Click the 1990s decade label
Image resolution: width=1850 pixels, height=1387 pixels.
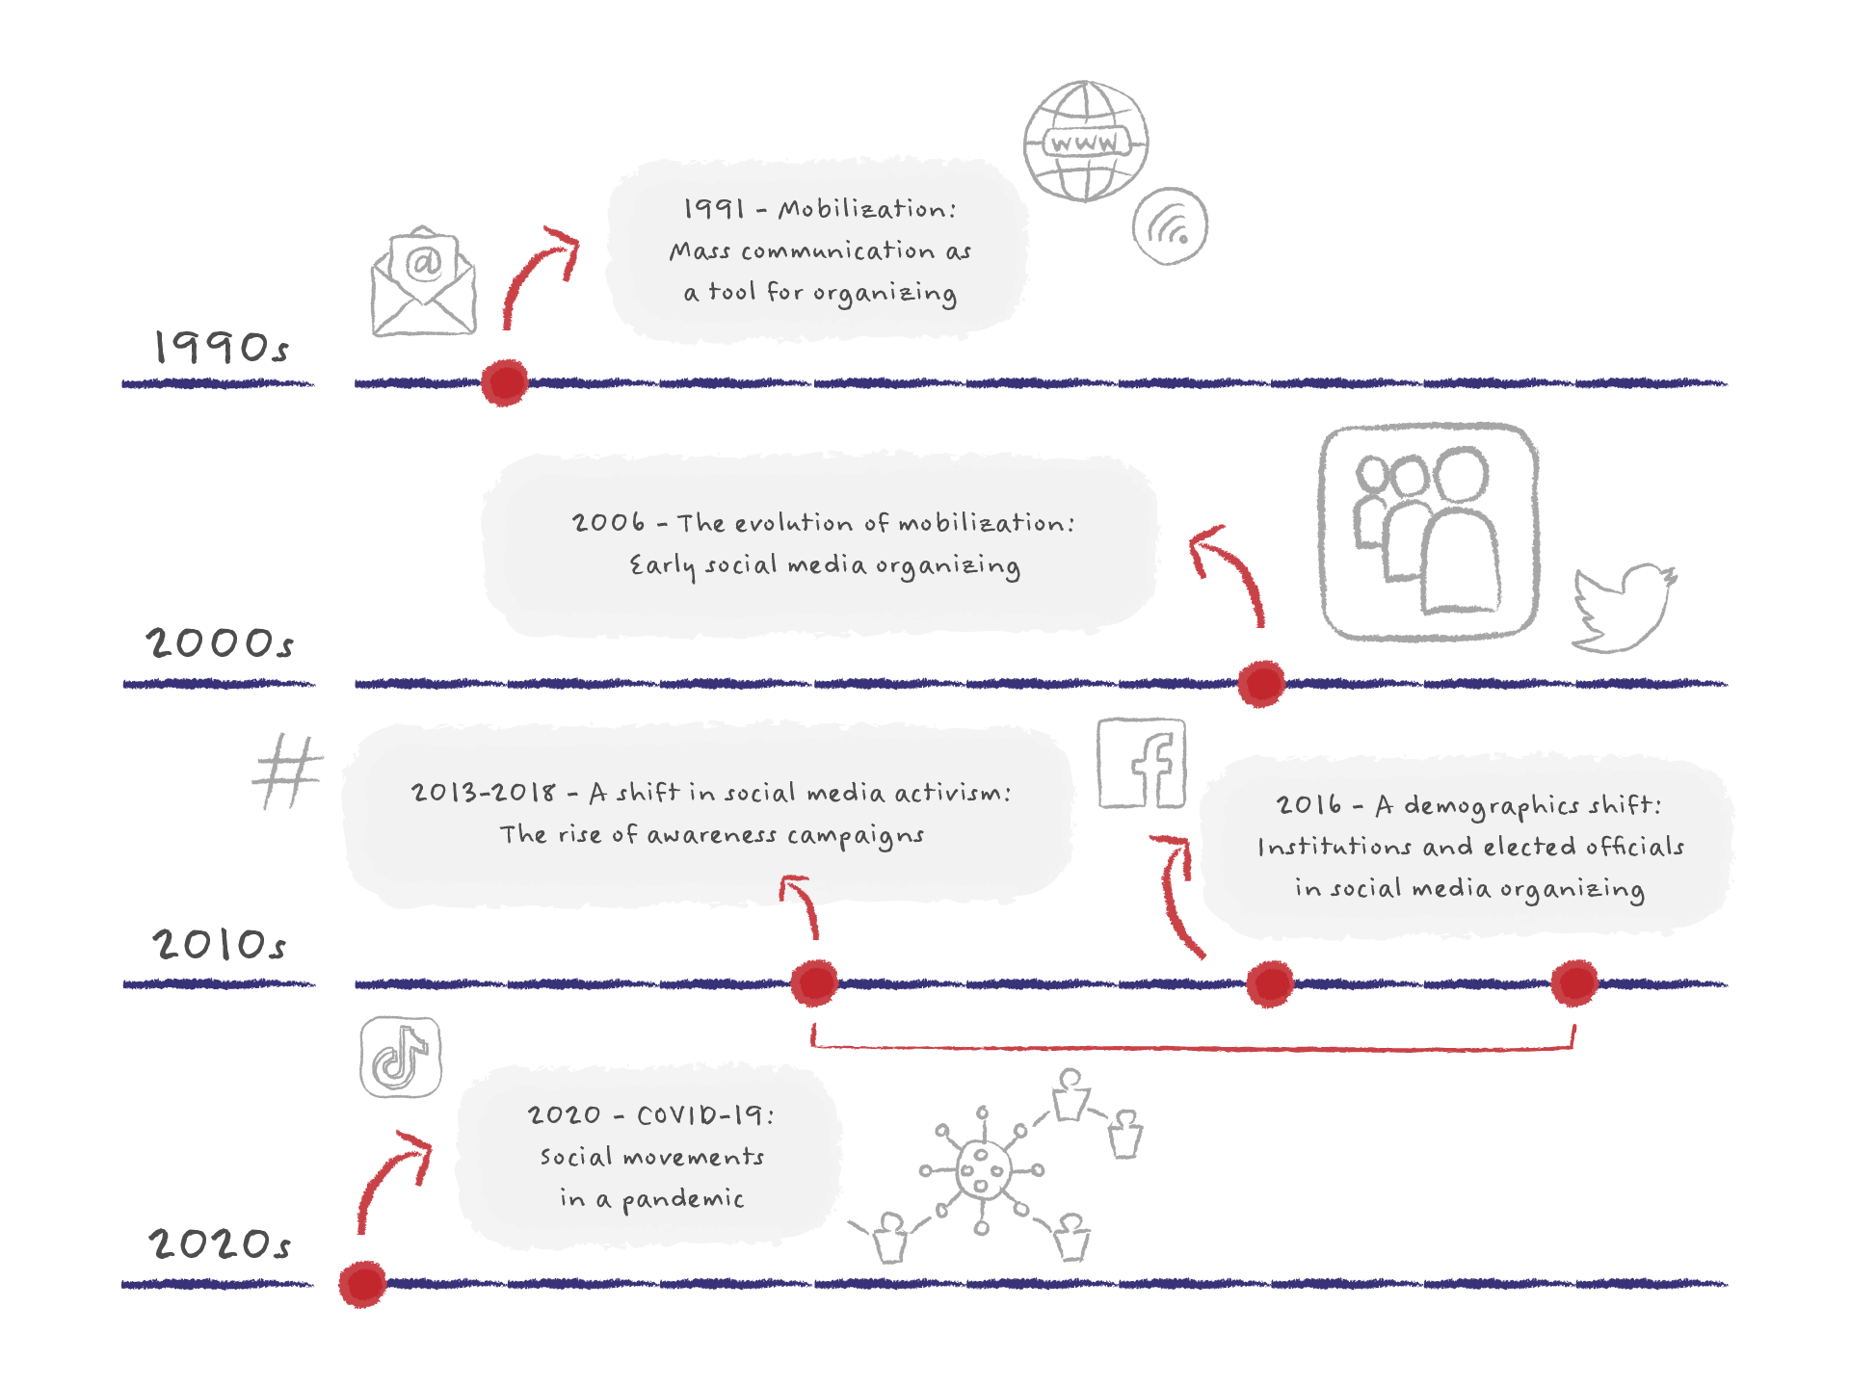point(221,348)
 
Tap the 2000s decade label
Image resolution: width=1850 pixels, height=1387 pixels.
point(220,642)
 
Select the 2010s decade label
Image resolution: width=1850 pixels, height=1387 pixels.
point(220,944)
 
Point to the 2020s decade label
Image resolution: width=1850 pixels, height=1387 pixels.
point(220,1243)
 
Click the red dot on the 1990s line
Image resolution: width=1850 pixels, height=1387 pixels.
point(504,382)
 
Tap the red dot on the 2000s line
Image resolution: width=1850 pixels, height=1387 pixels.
point(1260,683)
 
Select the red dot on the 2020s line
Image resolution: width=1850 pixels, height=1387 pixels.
point(362,1283)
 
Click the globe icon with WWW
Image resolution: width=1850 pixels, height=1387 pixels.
point(1085,142)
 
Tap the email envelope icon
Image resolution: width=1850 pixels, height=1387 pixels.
point(424,282)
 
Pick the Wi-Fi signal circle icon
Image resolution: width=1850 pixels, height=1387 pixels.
point(1170,226)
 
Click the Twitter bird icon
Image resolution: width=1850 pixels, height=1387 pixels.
point(1624,608)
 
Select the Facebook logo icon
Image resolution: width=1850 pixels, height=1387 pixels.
point(1142,763)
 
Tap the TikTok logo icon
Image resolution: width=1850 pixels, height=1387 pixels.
point(401,1057)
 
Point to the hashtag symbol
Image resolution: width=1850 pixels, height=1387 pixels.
point(287,772)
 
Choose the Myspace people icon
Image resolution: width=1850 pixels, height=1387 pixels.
point(1428,532)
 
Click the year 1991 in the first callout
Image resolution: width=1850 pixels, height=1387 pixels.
point(714,209)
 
